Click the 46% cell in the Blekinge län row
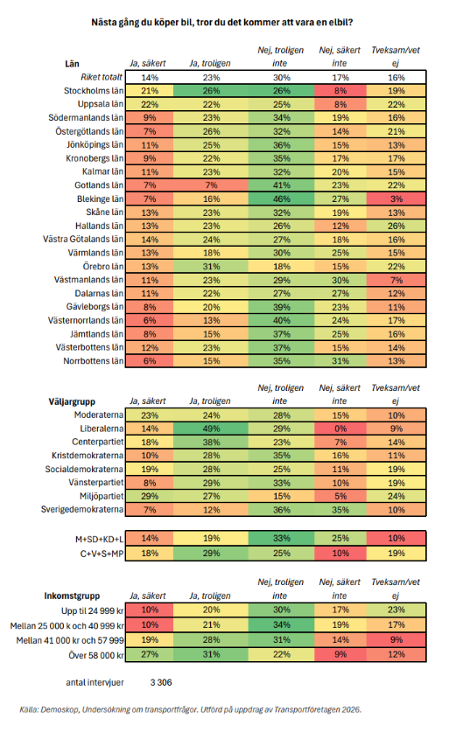coord(282,199)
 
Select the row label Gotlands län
coord(99,185)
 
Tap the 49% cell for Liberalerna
coord(211,429)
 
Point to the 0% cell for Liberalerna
coord(340,429)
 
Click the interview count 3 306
coord(161,682)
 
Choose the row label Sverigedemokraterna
coord(82,510)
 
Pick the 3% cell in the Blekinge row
coord(396,199)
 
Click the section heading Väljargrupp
coord(72,401)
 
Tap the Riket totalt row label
coord(102,77)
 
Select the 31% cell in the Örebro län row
coord(211,266)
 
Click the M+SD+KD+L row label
coord(100,539)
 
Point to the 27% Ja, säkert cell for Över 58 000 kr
coord(150,654)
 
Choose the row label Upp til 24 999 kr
coord(93,610)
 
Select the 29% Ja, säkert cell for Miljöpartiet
coord(150,496)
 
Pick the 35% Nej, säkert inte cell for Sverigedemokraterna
coord(340,510)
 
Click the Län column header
coord(72,64)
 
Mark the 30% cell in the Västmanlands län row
coord(340,280)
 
